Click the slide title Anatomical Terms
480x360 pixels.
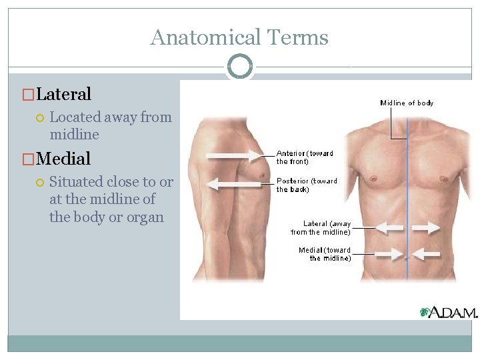tap(239, 37)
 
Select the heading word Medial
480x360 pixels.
tap(63, 159)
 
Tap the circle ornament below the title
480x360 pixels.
tap(240, 67)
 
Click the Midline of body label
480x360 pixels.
tap(407, 103)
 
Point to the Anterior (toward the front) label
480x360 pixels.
tap(305, 157)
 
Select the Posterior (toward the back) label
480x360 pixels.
tap(307, 185)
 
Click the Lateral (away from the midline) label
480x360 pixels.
tap(321, 228)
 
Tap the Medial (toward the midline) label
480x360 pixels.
tap(325, 254)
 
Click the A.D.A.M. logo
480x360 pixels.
tap(453, 312)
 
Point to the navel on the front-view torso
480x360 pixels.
tap(406, 264)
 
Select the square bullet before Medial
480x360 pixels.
tap(27, 159)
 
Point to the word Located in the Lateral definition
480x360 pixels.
tap(75, 117)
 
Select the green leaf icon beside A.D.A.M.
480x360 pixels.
tap(424, 312)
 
